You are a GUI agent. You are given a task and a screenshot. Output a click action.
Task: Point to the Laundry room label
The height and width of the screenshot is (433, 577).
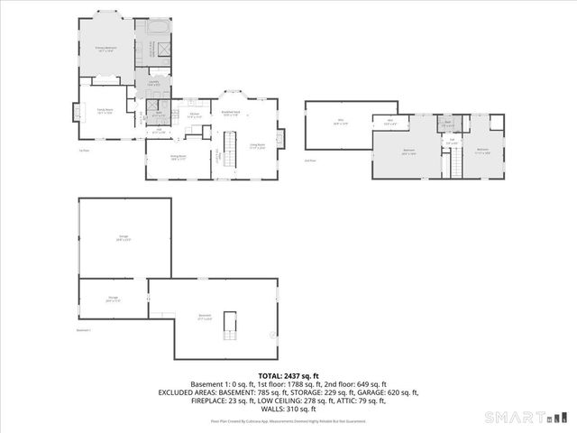pyautogui.click(x=153, y=83)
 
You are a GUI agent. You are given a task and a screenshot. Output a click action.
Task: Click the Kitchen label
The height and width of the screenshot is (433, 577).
pyautogui.click(x=193, y=115)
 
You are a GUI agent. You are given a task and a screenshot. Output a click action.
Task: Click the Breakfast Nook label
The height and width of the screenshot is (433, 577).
pyautogui.click(x=230, y=113)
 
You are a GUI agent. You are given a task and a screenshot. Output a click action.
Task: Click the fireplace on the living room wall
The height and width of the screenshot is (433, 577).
pyautogui.click(x=280, y=138)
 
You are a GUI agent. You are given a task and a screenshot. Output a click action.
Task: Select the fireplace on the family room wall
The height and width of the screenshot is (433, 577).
pyautogui.click(x=76, y=111)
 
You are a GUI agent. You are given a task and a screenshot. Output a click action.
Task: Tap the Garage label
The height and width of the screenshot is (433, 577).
pyautogui.click(x=124, y=237)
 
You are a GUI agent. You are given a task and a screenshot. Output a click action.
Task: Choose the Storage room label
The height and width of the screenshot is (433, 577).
pyautogui.click(x=113, y=299)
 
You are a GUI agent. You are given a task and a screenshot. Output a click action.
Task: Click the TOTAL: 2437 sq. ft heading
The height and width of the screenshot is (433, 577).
pyautogui.click(x=288, y=375)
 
